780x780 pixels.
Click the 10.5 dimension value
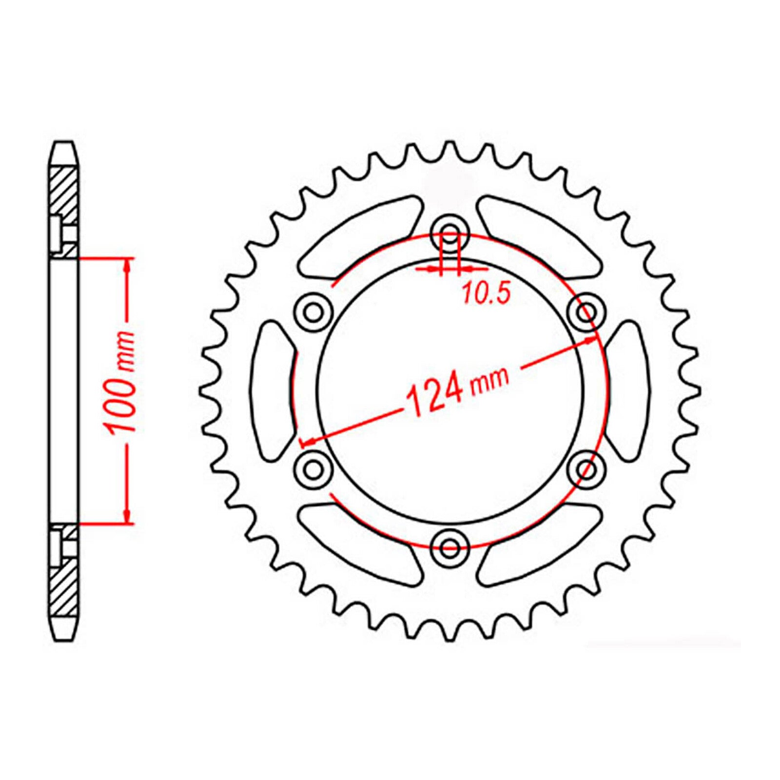(x=486, y=294)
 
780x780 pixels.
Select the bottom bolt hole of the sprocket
(x=449, y=547)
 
